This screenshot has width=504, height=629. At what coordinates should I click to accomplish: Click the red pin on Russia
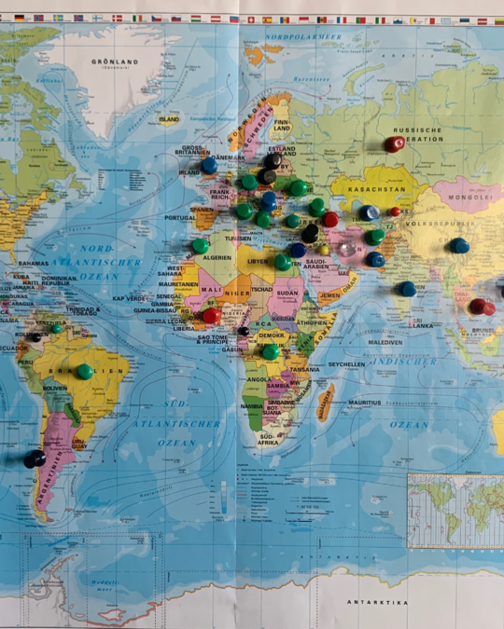click(x=395, y=144)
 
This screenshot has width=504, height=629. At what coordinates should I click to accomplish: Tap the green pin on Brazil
click(x=84, y=371)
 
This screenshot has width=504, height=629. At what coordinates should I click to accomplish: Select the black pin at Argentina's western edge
click(x=35, y=458)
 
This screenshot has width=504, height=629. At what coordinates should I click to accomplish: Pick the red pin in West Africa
click(x=212, y=315)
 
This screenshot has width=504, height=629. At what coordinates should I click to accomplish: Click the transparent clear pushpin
click(x=347, y=250)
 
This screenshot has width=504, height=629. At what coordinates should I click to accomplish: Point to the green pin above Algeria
click(x=200, y=246)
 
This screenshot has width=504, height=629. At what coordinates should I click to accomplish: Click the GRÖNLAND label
click(x=114, y=62)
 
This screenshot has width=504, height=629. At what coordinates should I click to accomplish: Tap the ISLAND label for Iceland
click(x=169, y=119)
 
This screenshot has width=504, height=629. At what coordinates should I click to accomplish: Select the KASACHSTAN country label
click(x=375, y=187)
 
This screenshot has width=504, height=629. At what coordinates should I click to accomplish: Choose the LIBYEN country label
click(x=258, y=262)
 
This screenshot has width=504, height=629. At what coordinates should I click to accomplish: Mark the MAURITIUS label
click(x=365, y=403)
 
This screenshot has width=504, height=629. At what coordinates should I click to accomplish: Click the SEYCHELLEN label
click(x=346, y=364)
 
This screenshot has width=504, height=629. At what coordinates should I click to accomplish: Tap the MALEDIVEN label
click(x=385, y=342)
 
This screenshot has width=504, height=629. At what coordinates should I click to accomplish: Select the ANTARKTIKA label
click(x=378, y=602)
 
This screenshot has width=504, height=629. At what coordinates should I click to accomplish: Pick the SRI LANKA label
click(x=422, y=324)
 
